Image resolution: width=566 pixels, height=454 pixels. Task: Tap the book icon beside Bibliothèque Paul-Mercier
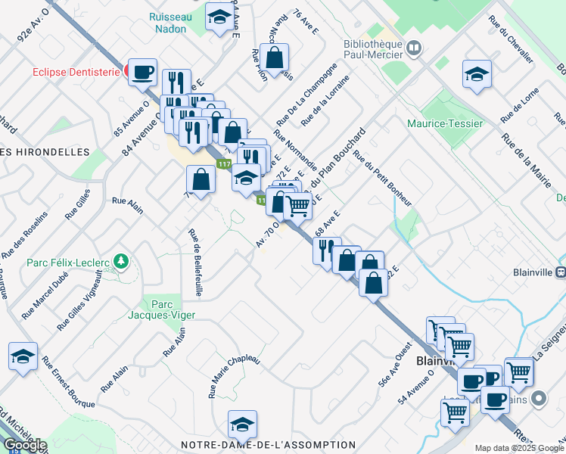414,49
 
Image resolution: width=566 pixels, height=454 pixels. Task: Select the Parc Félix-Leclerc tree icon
120,263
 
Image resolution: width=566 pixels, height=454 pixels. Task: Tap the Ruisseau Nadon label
171,22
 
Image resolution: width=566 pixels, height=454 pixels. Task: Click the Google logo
24,445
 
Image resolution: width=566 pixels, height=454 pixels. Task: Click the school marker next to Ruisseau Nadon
219,20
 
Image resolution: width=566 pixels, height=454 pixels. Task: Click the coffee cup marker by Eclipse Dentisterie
143,73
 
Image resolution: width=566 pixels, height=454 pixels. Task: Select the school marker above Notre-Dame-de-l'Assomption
242,425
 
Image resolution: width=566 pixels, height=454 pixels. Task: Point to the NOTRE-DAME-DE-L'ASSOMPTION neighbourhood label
268,445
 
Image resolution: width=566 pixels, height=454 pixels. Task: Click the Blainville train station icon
560,272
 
